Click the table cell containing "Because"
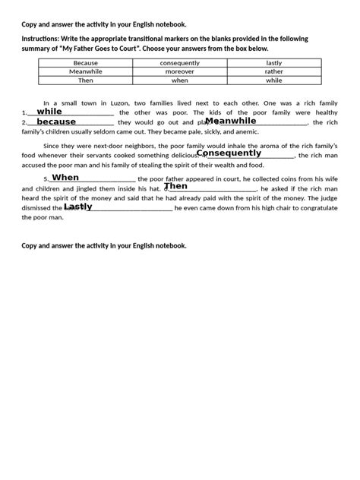[86, 63]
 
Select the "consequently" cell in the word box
[180, 63]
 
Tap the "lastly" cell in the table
[274, 63]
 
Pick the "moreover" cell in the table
[180, 71]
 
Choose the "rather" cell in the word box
[274, 71]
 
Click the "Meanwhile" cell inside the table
[86, 71]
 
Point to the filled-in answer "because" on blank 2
[56, 122]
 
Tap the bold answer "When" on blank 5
[65, 177]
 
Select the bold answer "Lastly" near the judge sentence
[78, 206]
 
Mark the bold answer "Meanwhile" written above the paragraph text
[231, 120]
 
